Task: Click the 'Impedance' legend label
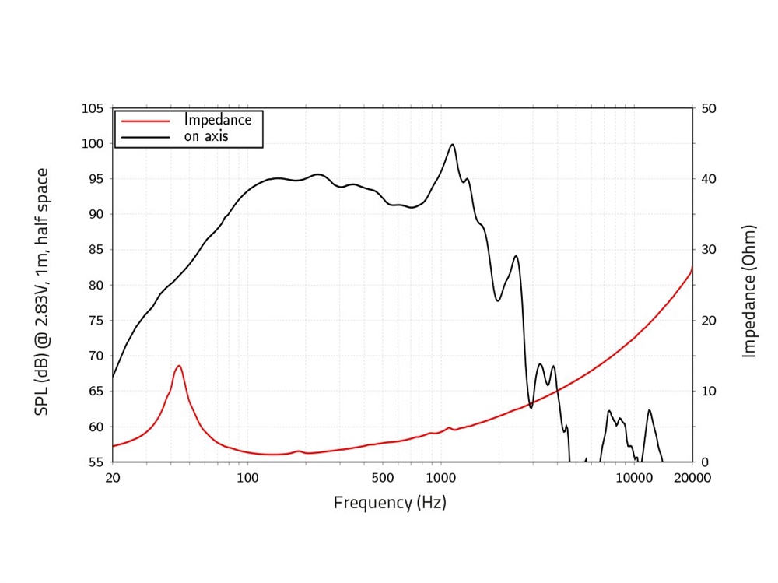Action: click(x=218, y=121)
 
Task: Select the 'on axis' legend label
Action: click(x=206, y=137)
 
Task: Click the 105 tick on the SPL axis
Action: click(x=93, y=108)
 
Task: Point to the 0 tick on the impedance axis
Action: click(x=704, y=462)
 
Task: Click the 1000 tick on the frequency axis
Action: click(x=440, y=477)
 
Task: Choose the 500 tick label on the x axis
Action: click(x=383, y=477)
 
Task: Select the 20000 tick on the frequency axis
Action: click(x=692, y=477)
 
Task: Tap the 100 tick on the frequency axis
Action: click(x=247, y=477)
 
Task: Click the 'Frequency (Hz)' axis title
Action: click(x=390, y=503)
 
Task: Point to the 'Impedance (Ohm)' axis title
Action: click(x=749, y=292)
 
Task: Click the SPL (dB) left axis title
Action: click(x=42, y=292)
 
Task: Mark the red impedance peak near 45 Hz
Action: click(x=179, y=366)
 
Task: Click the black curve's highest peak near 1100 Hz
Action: click(x=452, y=144)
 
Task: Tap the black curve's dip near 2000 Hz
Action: click(x=498, y=300)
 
